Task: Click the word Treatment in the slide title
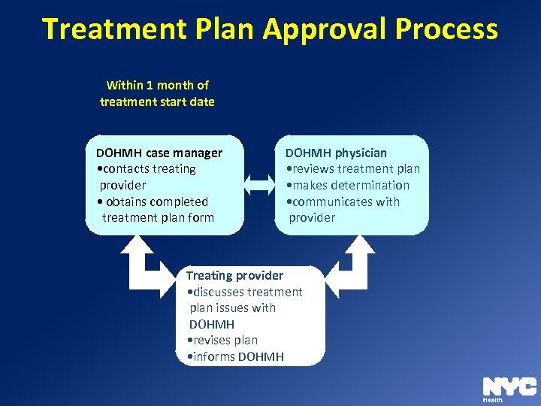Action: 113,29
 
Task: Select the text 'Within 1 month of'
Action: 158,85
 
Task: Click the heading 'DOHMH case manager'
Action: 154,153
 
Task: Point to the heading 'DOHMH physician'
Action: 336,153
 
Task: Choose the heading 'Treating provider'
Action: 234,275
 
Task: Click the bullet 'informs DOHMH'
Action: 235,356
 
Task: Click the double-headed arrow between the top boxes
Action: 261,185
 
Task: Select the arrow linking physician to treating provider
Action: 353,267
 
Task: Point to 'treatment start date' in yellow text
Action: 157,101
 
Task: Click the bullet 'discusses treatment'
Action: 244,292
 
